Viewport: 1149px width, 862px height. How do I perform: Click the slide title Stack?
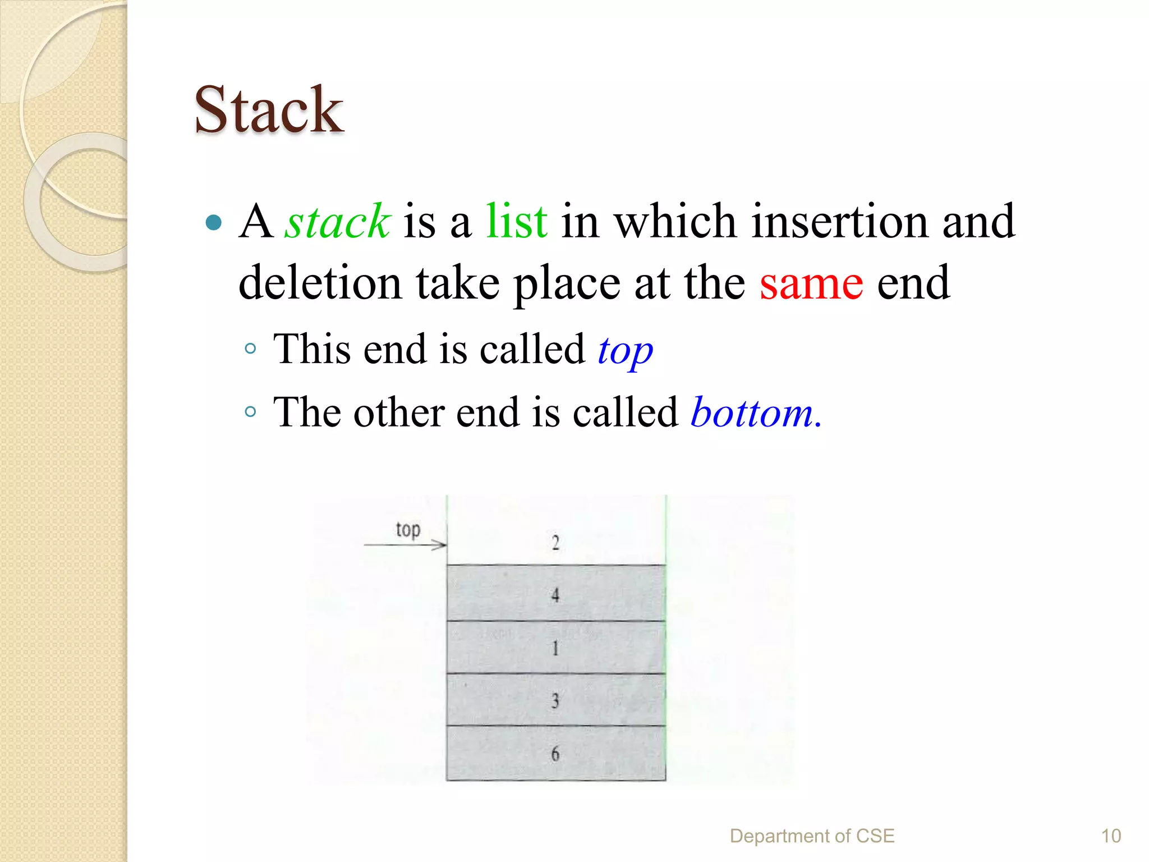[x=268, y=110]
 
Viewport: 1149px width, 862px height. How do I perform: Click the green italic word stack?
[x=337, y=222]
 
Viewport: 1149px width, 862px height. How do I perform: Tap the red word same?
[x=811, y=283]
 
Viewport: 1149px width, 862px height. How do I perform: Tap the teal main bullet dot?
[x=214, y=223]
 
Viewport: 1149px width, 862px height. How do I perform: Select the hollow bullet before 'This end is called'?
[x=250, y=349]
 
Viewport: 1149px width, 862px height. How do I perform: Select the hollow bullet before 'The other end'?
[x=250, y=412]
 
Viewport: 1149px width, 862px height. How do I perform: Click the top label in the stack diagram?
[x=408, y=529]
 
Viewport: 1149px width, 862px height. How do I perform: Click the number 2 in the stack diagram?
[x=555, y=543]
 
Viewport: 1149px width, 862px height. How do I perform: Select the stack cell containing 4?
[x=555, y=593]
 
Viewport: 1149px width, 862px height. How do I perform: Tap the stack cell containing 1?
[x=555, y=648]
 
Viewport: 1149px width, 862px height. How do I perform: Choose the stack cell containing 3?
[x=555, y=700]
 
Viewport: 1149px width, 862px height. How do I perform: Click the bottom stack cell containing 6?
[x=555, y=753]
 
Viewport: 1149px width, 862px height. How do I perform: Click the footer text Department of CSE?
[x=812, y=836]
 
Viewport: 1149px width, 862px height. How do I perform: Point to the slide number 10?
[x=1111, y=836]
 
